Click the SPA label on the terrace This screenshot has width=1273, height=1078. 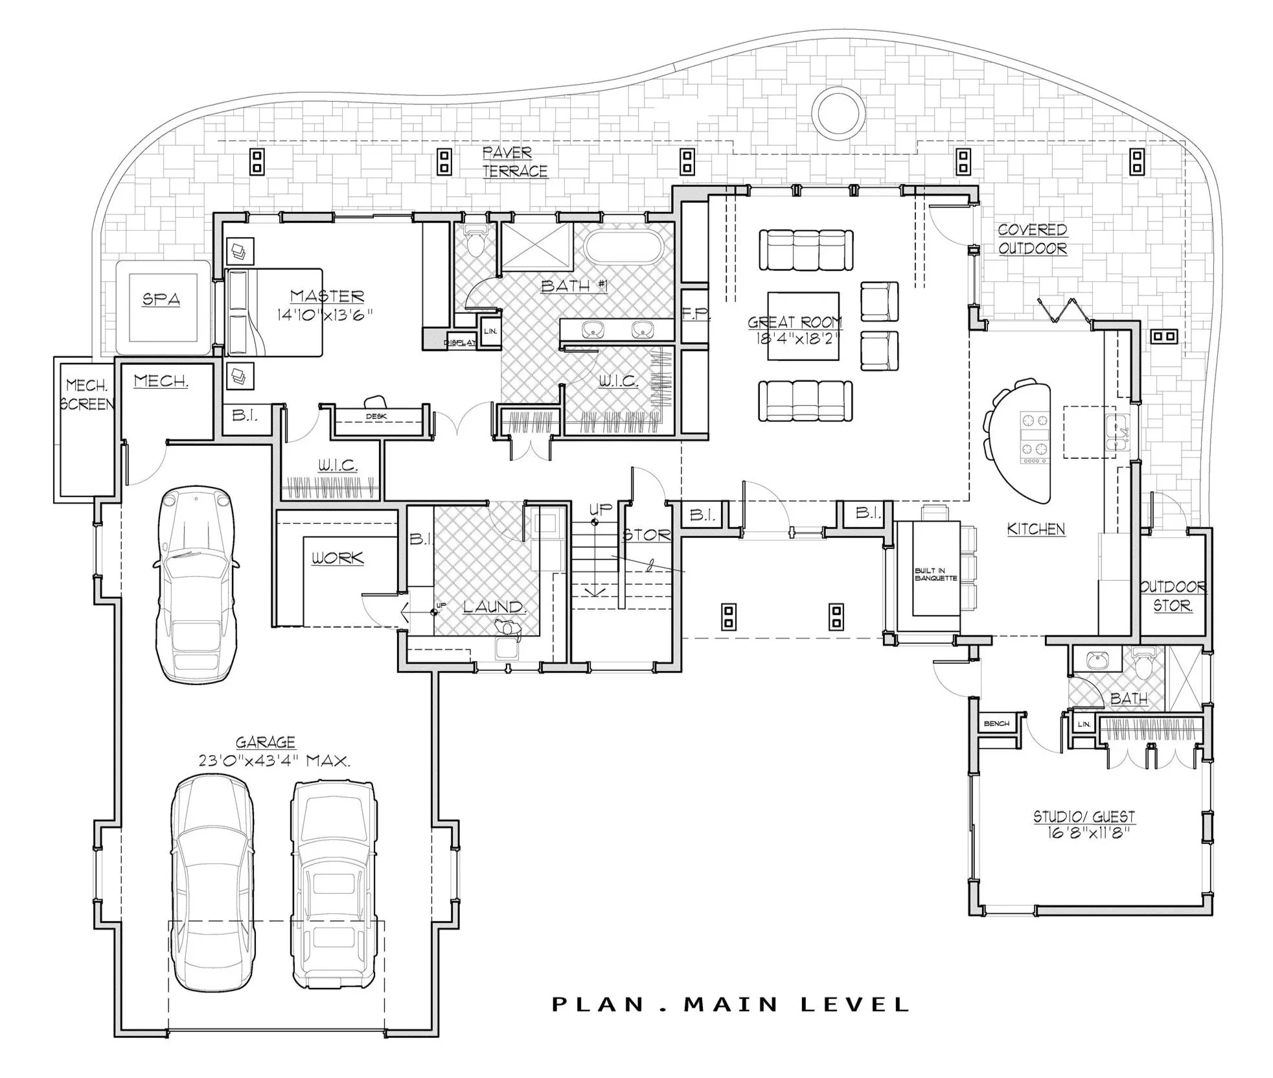tap(161, 299)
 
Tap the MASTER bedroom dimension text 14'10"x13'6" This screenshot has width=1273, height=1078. tap(325, 315)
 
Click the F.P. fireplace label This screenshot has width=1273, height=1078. tap(696, 315)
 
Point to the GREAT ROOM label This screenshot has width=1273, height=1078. tap(795, 322)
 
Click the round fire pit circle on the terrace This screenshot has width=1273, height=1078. tap(838, 113)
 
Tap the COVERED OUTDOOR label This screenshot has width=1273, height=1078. tap(1032, 239)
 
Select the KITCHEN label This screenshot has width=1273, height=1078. tap(1036, 529)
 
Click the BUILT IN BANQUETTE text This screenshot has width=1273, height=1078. tap(935, 574)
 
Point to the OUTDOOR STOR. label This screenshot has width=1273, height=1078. tap(1173, 596)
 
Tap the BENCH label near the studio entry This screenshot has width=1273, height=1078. tap(996, 723)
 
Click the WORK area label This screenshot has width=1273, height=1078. tap(338, 558)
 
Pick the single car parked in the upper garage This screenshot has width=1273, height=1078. tap(196, 585)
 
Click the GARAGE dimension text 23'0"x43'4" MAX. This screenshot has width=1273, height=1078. tap(274, 760)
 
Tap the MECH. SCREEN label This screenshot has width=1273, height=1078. tap(87, 395)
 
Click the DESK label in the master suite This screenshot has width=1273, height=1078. tap(376, 416)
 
